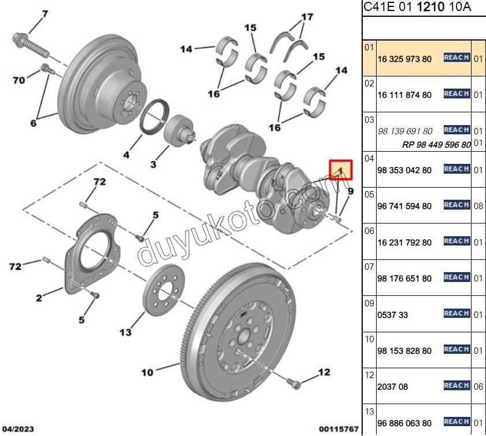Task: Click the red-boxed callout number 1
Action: pyautogui.click(x=341, y=169)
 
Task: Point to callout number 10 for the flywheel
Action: pyautogui.click(x=147, y=372)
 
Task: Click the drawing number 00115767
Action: pyautogui.click(x=339, y=429)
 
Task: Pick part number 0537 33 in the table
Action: pyautogui.click(x=392, y=315)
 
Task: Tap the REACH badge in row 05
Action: pyautogui.click(x=456, y=205)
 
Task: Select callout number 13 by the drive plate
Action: pyautogui.click(x=125, y=332)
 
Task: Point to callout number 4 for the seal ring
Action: pyautogui.click(x=126, y=155)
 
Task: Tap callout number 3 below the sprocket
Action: pyautogui.click(x=153, y=164)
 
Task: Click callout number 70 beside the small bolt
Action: pyautogui.click(x=19, y=80)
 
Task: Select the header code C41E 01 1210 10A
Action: pyautogui.click(x=408, y=8)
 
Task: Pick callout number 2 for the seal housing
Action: pyautogui.click(x=38, y=298)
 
